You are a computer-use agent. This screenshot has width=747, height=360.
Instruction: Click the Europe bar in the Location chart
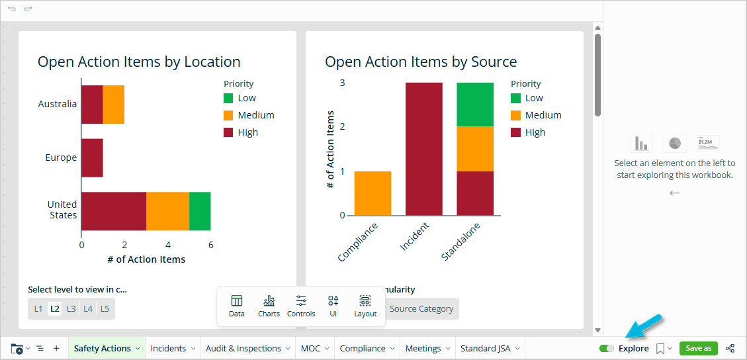click(x=92, y=157)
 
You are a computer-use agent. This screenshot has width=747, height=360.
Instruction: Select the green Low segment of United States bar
click(x=200, y=211)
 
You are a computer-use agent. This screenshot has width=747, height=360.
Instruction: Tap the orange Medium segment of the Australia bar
click(x=113, y=104)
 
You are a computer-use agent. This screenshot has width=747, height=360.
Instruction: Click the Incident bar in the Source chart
click(x=423, y=148)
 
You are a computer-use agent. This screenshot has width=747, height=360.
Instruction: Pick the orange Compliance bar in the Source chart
click(x=373, y=193)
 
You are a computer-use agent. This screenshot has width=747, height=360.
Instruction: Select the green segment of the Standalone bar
click(x=475, y=104)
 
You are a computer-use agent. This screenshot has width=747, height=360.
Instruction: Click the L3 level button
click(x=71, y=308)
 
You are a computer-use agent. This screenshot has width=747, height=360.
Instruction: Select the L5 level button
click(x=105, y=308)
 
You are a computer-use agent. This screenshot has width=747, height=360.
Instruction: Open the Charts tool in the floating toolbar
click(x=269, y=306)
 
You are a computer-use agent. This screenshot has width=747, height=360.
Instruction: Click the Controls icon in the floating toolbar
click(x=301, y=306)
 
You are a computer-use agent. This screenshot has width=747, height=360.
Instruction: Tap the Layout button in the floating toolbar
click(x=365, y=306)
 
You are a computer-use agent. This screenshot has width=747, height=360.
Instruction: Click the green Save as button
click(x=698, y=348)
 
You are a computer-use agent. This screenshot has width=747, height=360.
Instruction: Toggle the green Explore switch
click(x=606, y=348)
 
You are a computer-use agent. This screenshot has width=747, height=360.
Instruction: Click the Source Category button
click(x=421, y=308)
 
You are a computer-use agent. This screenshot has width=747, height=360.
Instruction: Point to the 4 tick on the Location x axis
click(x=167, y=244)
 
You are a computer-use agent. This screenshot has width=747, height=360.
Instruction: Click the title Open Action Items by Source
click(x=421, y=62)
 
